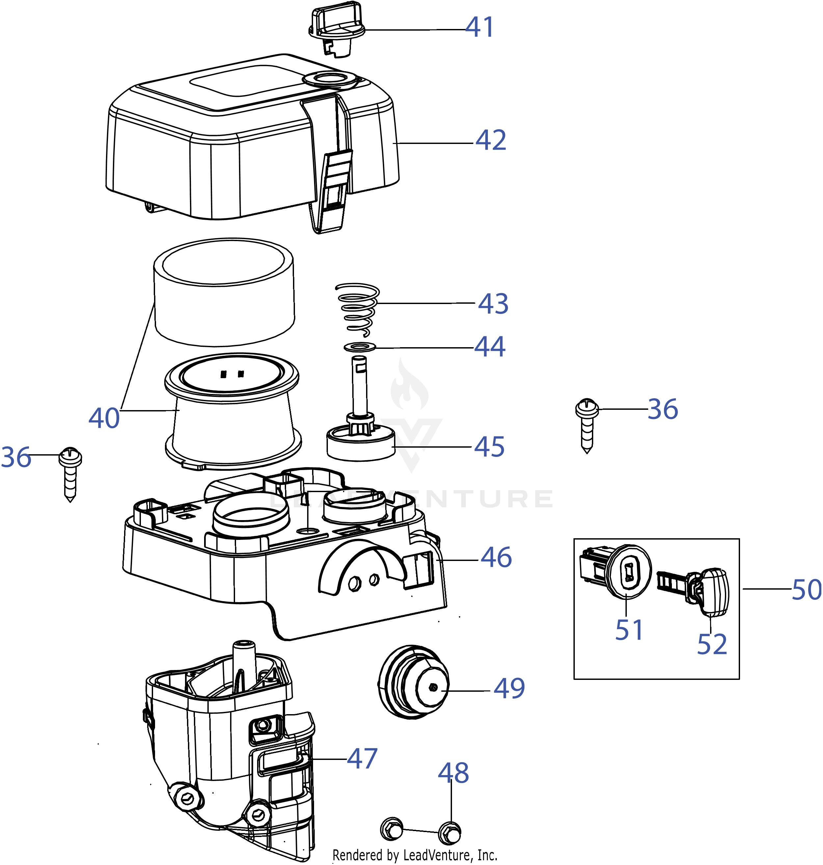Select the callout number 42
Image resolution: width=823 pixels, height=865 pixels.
[491, 140]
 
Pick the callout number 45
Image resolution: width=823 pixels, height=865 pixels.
[489, 447]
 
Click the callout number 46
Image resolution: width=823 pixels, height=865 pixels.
[496, 557]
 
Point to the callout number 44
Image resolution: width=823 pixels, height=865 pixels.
[490, 347]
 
